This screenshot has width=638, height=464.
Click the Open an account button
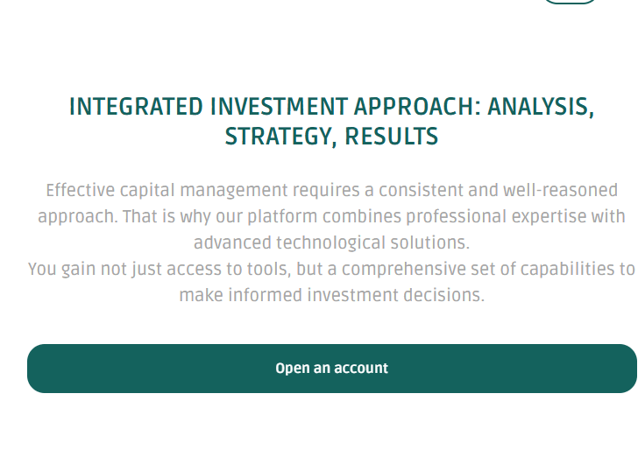coord(332,369)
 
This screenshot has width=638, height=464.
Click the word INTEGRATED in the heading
coord(136,107)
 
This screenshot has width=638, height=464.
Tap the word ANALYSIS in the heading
coord(541,107)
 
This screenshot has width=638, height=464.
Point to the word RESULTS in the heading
coord(392,136)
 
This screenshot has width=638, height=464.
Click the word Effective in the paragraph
coord(81,190)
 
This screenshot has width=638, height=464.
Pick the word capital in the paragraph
coord(147,191)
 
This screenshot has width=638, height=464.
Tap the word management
coord(234,191)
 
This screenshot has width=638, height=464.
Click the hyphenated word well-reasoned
coord(560,190)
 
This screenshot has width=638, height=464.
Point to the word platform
coord(282,217)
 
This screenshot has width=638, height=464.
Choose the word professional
coord(456,217)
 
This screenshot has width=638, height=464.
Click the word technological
coord(330,243)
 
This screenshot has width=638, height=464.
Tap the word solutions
coord(430,243)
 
